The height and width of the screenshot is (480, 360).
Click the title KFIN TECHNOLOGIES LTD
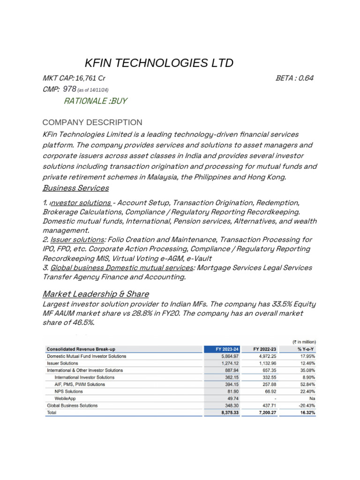(x=158, y=63)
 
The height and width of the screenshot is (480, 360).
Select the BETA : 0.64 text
(x=294, y=78)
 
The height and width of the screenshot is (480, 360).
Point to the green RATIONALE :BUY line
(x=95, y=101)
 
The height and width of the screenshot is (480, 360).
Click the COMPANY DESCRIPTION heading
(x=92, y=122)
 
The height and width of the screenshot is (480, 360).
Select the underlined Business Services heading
(x=75, y=188)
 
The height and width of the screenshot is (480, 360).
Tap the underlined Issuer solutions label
(x=77, y=240)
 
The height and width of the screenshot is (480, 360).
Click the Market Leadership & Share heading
(x=96, y=294)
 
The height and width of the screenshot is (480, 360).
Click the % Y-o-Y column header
(x=305, y=349)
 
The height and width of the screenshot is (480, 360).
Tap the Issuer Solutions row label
(x=63, y=363)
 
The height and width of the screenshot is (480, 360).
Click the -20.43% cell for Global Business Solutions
(x=305, y=405)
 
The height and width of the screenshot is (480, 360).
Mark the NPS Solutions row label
(x=68, y=391)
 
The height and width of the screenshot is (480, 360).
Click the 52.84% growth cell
(x=306, y=384)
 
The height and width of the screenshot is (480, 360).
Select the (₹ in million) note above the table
(x=304, y=342)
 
